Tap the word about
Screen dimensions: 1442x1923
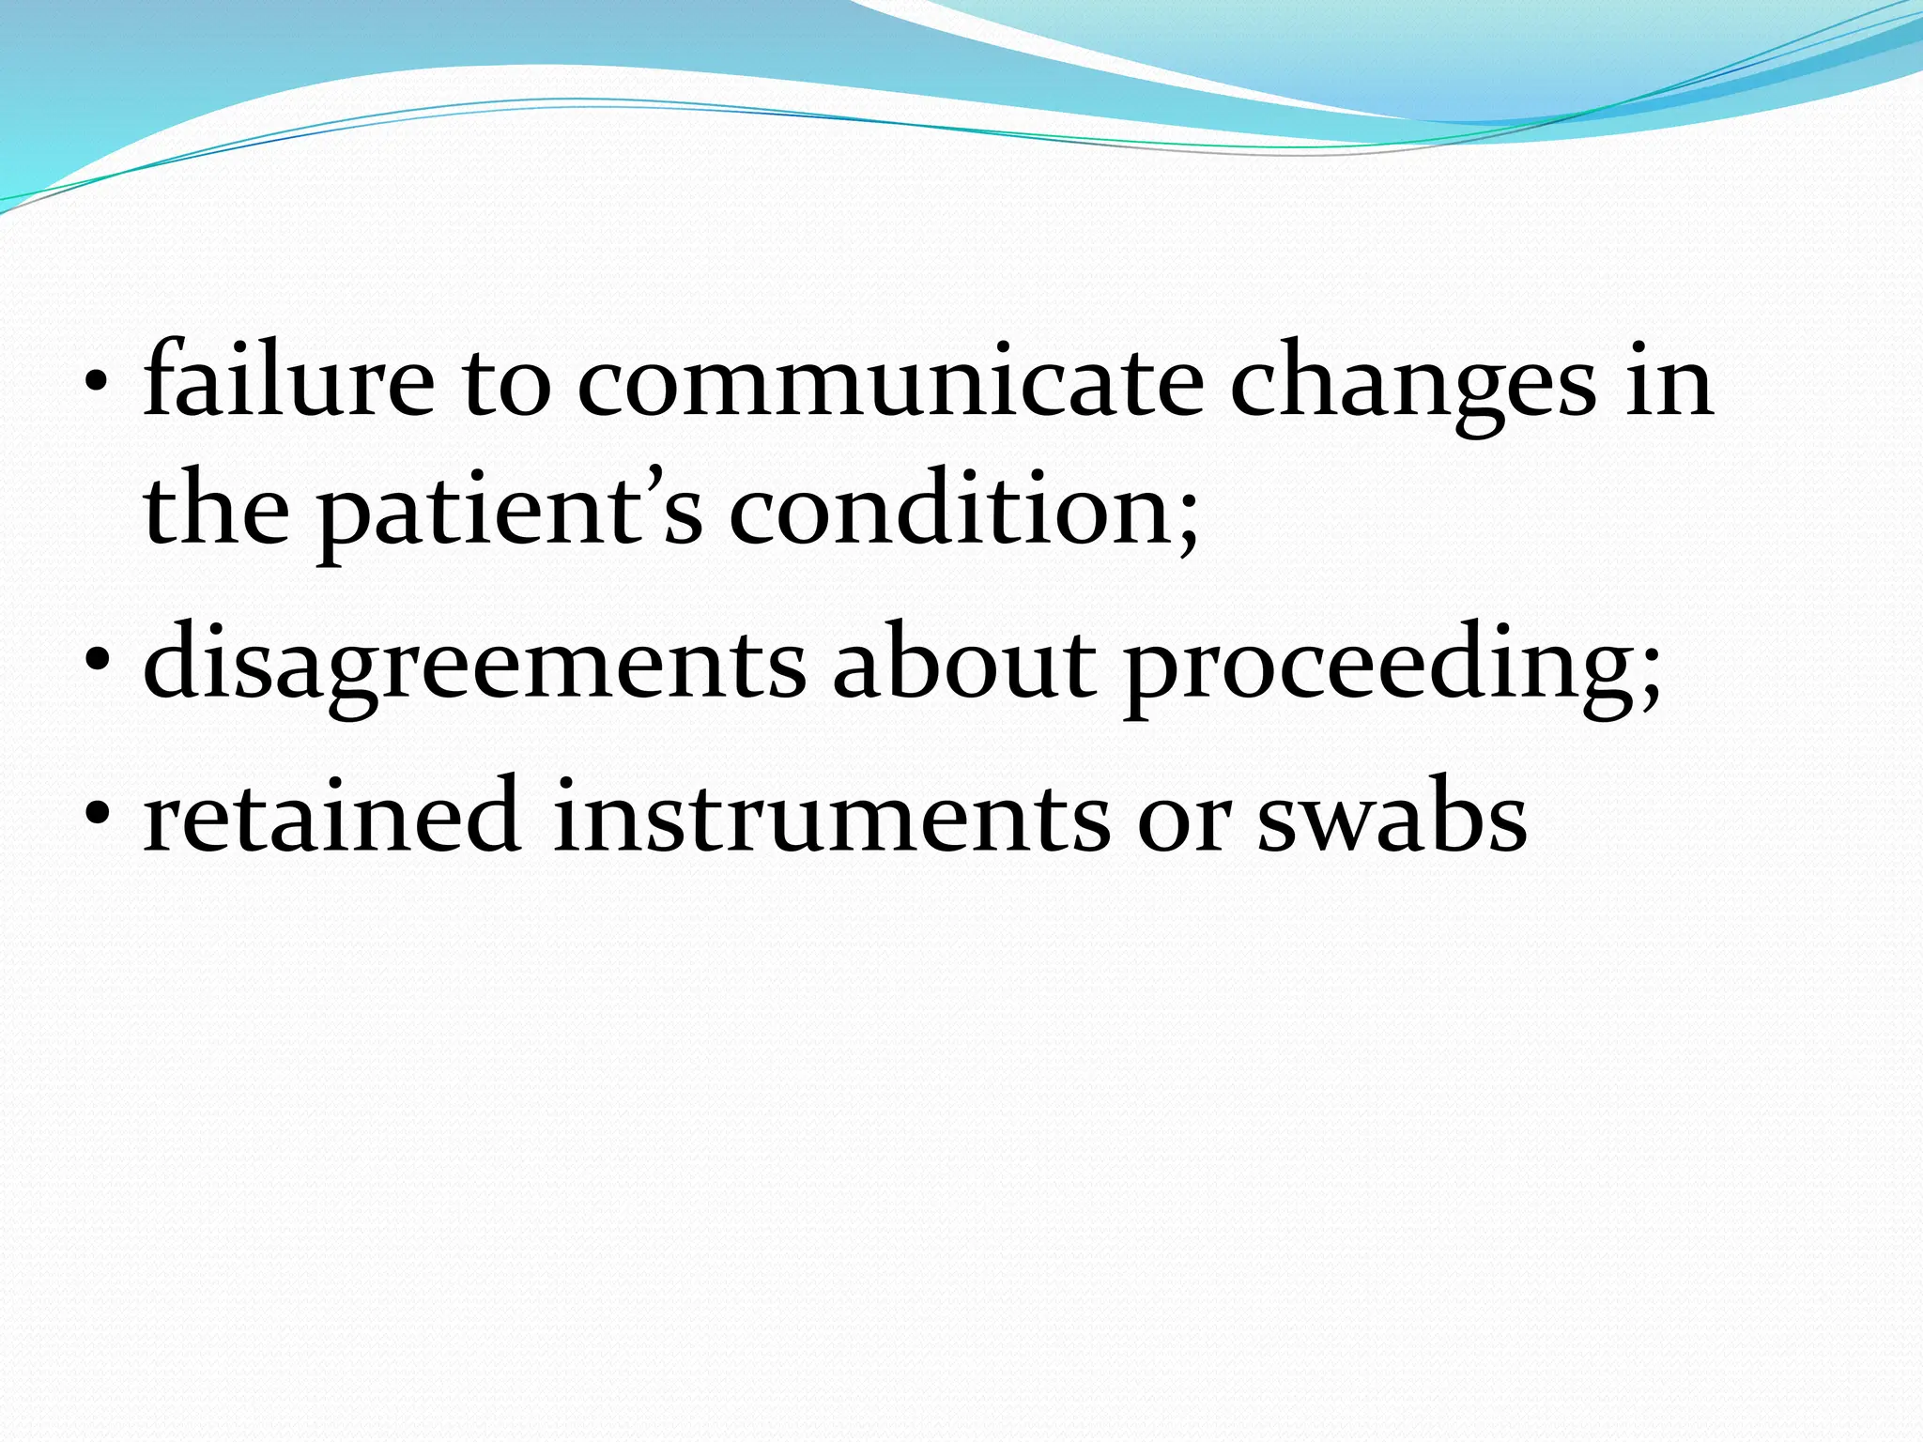click(x=963, y=661)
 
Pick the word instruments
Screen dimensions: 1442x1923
click(x=831, y=817)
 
